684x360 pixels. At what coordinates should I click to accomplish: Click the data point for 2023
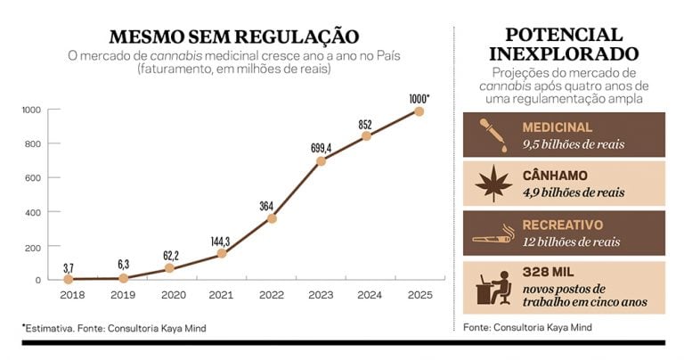321,161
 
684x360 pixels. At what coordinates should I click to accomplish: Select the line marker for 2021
221,254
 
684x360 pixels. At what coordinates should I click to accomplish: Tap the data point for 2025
419,111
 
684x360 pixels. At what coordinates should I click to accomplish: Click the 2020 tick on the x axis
172,293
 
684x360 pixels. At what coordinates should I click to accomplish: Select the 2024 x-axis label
370,293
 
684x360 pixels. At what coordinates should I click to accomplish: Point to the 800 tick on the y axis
32,143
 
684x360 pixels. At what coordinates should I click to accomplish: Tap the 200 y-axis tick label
32,246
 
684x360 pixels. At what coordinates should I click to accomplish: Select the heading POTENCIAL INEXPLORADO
563,44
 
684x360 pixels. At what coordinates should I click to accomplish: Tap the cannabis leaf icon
488,183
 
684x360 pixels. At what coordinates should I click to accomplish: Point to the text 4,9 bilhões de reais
574,192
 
